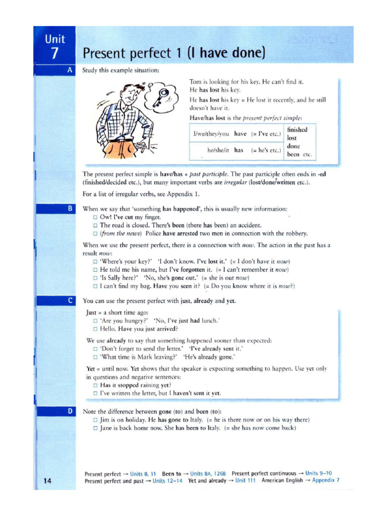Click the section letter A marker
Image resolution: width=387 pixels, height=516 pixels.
(71, 70)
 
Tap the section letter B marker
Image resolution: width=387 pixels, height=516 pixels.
(71, 208)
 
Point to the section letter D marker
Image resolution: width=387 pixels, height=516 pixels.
(71, 411)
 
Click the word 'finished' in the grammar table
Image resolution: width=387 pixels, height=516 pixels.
(297, 130)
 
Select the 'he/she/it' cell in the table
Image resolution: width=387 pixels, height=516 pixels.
(218, 150)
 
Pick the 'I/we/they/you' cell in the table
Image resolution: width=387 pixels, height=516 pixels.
(211, 134)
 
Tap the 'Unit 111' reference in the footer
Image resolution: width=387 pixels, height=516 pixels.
(245, 480)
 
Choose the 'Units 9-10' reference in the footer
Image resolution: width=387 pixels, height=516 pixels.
(318, 473)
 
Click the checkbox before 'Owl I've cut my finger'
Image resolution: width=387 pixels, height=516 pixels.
(95, 217)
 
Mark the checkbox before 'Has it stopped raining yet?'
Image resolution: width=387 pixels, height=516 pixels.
(95, 384)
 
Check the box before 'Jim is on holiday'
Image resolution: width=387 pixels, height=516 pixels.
(95, 420)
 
